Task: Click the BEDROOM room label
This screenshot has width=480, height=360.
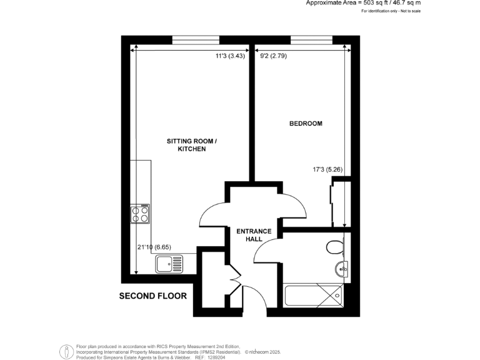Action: (x=306, y=124)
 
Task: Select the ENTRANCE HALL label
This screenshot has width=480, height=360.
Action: (x=254, y=236)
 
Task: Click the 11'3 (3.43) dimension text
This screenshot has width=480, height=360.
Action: (x=229, y=56)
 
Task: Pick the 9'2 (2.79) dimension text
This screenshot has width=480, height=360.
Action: (x=273, y=56)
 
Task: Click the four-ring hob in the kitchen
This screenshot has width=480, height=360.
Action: (x=141, y=214)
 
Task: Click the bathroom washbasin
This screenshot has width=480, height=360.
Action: (x=341, y=269)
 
